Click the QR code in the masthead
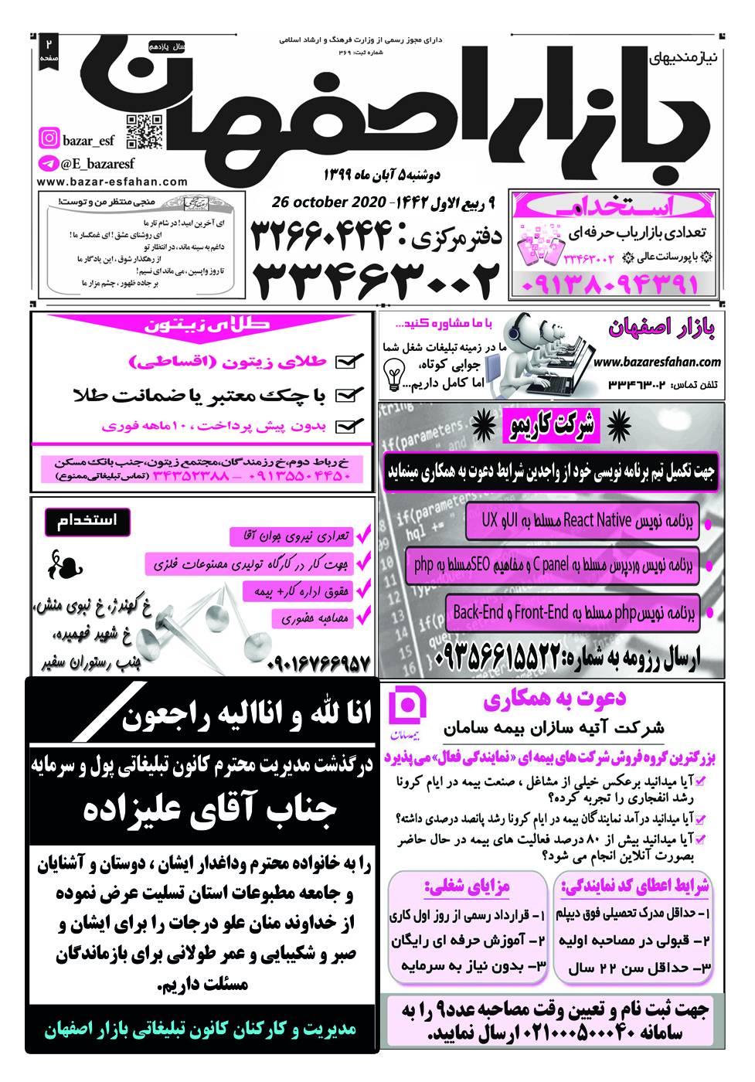[x=145, y=131]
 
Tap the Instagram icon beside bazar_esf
[x=49, y=138]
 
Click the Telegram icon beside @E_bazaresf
[x=49, y=164]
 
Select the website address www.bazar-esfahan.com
[x=112, y=182]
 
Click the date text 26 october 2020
[x=328, y=202]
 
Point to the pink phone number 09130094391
[x=610, y=284]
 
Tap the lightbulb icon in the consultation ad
[x=394, y=376]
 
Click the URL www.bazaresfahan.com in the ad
[x=657, y=362]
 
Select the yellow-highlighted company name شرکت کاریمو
[x=552, y=424]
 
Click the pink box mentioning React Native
[x=582, y=521]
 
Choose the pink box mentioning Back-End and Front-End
[x=573, y=613]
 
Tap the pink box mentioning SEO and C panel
[x=552, y=565]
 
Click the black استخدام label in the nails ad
[x=87, y=521]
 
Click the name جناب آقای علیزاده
[x=210, y=809]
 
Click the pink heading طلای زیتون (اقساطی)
[x=227, y=362]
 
